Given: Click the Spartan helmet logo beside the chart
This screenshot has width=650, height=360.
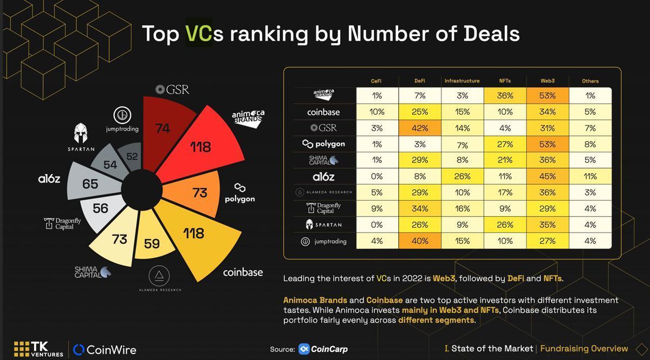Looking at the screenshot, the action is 81,133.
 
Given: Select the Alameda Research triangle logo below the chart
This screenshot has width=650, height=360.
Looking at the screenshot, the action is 159,276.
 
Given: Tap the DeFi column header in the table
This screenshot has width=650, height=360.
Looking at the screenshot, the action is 420,81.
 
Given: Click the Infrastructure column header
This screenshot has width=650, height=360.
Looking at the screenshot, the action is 462,81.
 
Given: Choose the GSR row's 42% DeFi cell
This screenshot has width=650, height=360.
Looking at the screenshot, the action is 420,128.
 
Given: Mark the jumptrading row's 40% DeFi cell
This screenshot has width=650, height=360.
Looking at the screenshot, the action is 420,241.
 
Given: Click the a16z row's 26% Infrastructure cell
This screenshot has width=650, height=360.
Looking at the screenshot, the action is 462,176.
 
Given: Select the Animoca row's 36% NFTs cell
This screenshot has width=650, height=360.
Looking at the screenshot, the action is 505,95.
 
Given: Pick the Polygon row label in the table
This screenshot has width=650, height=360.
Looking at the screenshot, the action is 323,144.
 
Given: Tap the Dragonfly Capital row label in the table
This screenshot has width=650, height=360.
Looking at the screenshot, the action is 323,208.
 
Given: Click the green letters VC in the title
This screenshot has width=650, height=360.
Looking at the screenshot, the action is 199,34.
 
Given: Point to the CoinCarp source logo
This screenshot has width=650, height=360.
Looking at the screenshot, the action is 323,349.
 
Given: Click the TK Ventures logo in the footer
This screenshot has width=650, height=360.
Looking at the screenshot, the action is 38,349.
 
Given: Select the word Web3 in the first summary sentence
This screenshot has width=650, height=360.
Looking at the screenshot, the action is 444,278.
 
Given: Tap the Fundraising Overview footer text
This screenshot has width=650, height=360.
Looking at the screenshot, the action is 584,349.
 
